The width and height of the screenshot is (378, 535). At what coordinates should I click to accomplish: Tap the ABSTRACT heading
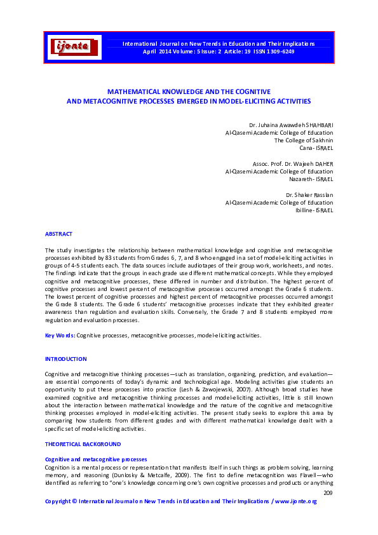[58, 234]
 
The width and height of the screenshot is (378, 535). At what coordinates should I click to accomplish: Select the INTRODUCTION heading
[65, 359]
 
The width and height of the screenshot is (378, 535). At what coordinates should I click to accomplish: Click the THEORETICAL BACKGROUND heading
[83, 444]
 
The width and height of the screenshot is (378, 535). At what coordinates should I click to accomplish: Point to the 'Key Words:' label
[60, 335]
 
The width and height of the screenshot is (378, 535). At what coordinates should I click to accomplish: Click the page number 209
[328, 493]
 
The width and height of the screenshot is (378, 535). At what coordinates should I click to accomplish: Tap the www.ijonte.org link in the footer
[295, 501]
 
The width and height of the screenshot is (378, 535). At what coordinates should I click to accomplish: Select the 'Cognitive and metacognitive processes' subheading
[95, 459]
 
